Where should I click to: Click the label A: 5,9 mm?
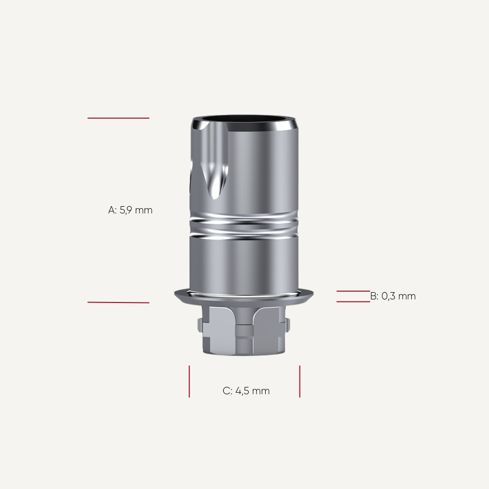(131, 210)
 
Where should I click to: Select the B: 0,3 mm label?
(393, 296)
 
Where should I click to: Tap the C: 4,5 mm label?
(246, 391)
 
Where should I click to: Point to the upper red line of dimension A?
(118, 118)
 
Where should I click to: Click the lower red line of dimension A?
(118, 303)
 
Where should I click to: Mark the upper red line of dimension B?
(353, 291)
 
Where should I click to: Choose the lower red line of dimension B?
(353, 301)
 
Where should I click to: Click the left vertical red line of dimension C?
(189, 381)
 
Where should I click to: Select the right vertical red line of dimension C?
(299, 381)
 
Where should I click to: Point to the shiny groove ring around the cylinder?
(243, 226)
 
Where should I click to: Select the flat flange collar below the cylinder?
(243, 297)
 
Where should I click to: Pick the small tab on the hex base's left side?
(200, 326)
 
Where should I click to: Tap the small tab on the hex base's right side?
(287, 326)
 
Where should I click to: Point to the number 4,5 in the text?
(242, 391)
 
